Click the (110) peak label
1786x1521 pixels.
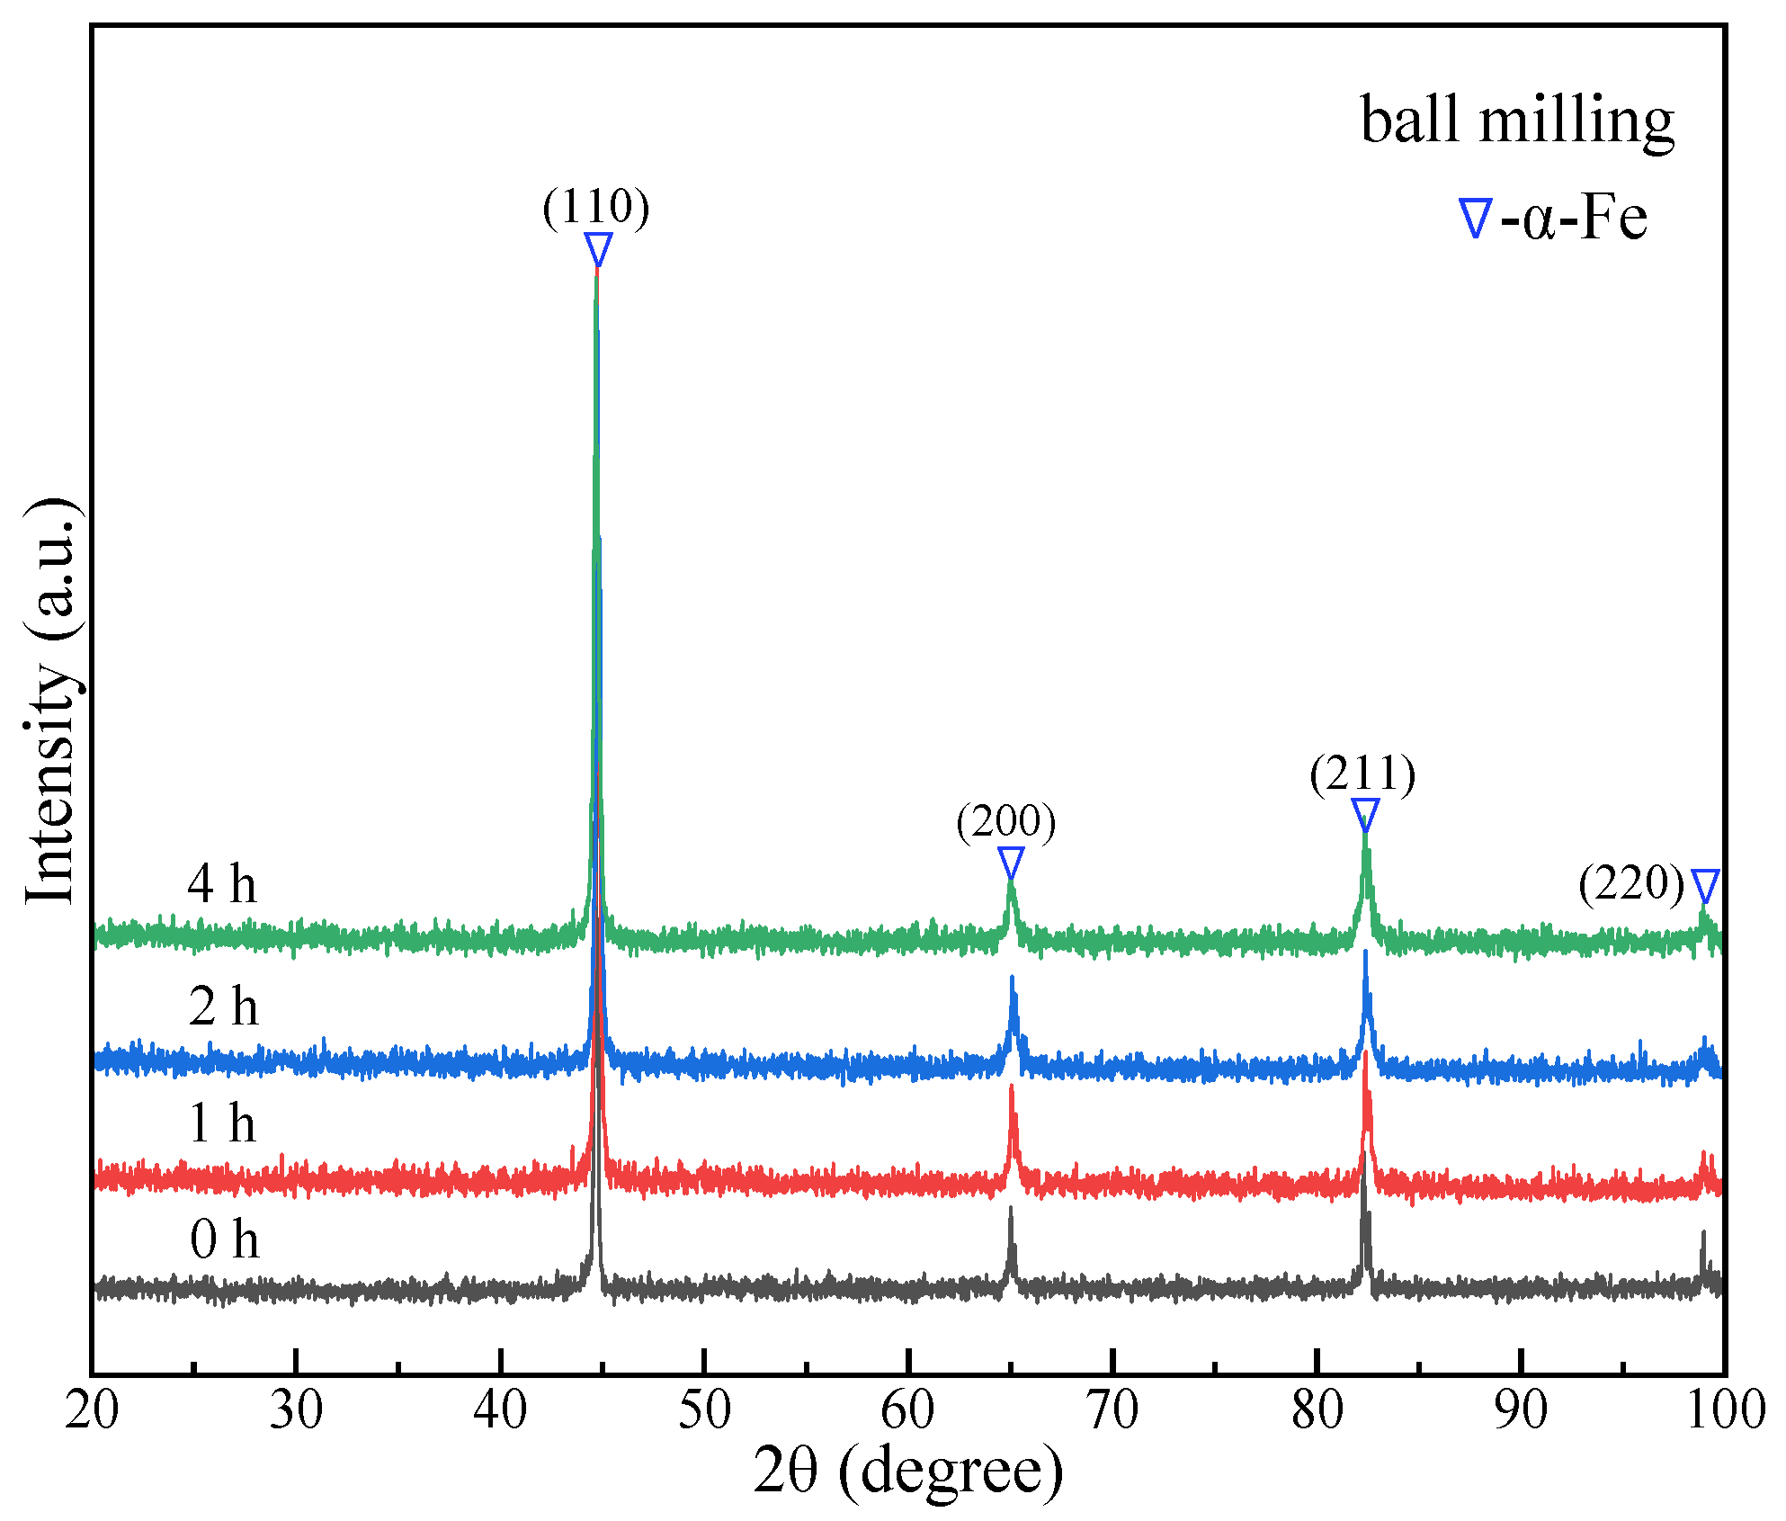[x=595, y=208]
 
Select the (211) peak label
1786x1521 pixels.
[x=1362, y=774]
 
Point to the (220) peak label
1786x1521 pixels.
[x=1631, y=883]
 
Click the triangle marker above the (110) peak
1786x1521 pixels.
[x=598, y=248]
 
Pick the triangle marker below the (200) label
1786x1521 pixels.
[x=1011, y=862]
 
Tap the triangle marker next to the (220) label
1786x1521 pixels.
[x=1705, y=885]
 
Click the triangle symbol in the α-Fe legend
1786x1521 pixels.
[x=1475, y=218]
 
